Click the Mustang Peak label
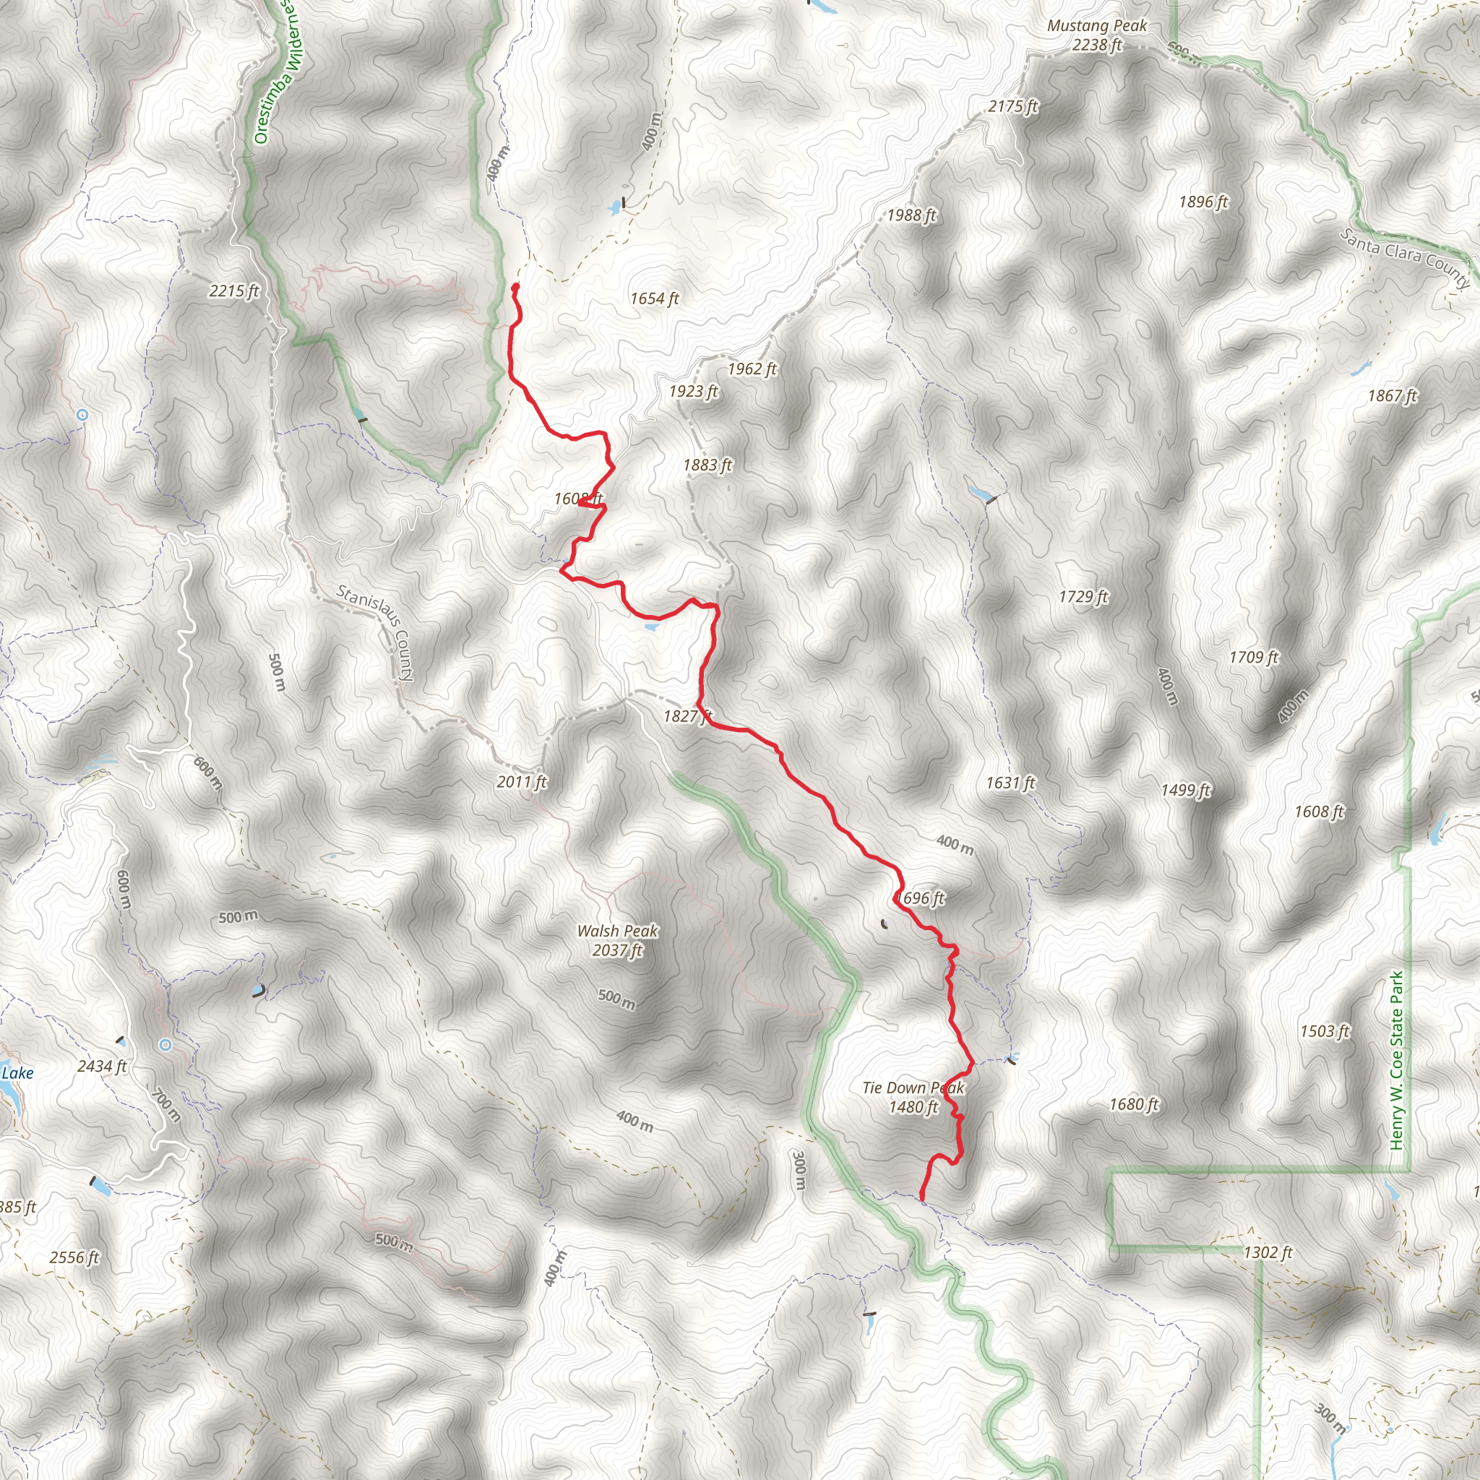click(x=1096, y=35)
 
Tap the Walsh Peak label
click(x=617, y=941)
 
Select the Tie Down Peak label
click(x=913, y=1097)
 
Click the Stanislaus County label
click(x=376, y=633)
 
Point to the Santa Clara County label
click(x=1406, y=257)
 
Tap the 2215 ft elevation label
click(x=233, y=291)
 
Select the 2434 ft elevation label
click(x=102, y=1067)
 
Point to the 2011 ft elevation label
click(x=522, y=782)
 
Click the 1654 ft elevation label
click(x=654, y=298)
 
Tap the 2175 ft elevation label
click(x=1012, y=106)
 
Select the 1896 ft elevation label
click(x=1202, y=202)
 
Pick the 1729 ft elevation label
click(x=1083, y=597)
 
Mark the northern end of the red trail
click(x=515, y=288)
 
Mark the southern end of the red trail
click(x=921, y=1198)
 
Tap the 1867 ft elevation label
click(x=1392, y=396)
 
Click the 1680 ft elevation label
click(x=1134, y=1105)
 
